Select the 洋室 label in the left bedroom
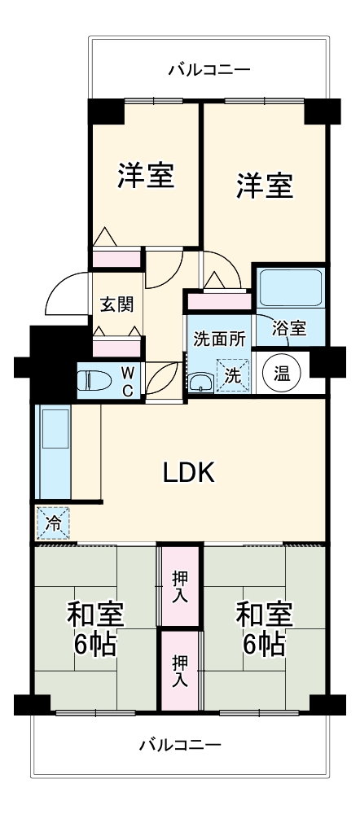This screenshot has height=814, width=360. point(146,176)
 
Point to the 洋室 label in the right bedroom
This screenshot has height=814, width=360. point(265,186)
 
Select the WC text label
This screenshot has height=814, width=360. point(128,379)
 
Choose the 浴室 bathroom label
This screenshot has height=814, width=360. point(289,328)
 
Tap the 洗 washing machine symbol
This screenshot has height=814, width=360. point(232,376)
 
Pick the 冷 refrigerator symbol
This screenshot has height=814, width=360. point(53,523)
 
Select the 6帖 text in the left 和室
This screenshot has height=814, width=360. point(95,645)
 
